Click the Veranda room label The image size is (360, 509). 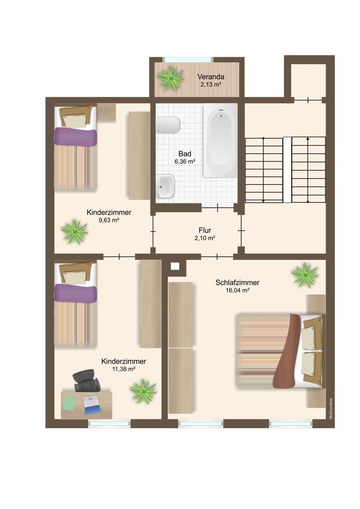click(x=211, y=77)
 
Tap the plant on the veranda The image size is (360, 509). click(x=170, y=78)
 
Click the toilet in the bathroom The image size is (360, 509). click(x=169, y=125)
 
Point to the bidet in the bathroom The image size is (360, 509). click(x=165, y=187)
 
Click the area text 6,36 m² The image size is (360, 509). click(x=185, y=161)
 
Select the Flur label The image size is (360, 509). click(x=205, y=230)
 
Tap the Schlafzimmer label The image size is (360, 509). click(x=237, y=282)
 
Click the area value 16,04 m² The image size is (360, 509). click(x=237, y=291)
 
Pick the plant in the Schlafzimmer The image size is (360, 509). click(x=305, y=274)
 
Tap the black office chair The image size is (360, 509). click(x=87, y=381)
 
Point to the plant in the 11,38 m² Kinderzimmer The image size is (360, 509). click(x=143, y=391)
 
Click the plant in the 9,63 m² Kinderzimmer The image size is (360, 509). click(x=75, y=231)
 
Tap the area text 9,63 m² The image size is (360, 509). click(x=109, y=220)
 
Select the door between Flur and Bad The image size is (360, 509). click(x=217, y=208)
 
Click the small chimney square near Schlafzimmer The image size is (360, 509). click(x=175, y=266)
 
